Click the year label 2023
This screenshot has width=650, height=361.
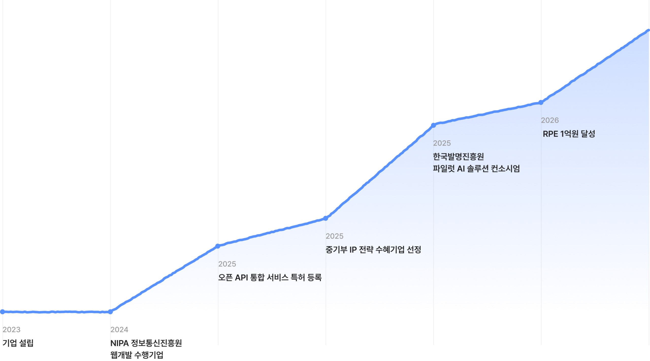(12, 329)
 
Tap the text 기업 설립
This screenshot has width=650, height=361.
(18, 343)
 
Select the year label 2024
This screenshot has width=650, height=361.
(119, 329)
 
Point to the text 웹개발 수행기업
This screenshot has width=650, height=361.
(137, 355)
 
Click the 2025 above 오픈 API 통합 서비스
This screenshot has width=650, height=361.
(227, 264)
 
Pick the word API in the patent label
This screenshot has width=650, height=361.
(241, 277)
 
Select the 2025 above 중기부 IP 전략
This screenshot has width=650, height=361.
(335, 236)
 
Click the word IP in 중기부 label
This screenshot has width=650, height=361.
(353, 250)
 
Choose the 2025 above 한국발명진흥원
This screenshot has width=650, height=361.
(442, 143)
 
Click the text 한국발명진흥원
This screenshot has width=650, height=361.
(458, 156)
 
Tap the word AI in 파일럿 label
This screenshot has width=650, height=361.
(461, 169)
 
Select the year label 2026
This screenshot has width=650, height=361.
(550, 120)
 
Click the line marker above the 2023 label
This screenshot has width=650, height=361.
(3, 312)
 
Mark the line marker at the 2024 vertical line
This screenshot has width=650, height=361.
(110, 312)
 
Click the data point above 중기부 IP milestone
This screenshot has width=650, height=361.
(326, 218)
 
